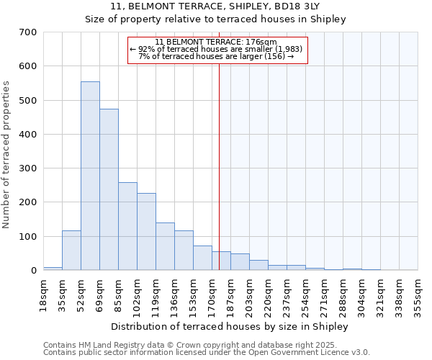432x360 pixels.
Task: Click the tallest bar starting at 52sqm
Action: tap(90, 176)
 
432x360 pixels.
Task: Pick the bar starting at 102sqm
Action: tap(146, 231)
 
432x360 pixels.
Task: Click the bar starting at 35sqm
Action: tap(71, 250)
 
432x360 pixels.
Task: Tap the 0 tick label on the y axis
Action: tap(33, 271)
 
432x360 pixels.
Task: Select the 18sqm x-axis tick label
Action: tap(43, 293)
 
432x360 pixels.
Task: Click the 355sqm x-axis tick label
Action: tap(418, 295)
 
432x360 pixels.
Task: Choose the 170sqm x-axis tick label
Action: tap(212, 295)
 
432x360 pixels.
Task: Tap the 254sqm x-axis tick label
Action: tap(305, 295)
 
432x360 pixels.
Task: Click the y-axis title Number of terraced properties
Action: tap(6, 155)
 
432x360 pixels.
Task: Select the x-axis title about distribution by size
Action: tap(230, 326)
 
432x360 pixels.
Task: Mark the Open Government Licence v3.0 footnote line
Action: tap(207, 353)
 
